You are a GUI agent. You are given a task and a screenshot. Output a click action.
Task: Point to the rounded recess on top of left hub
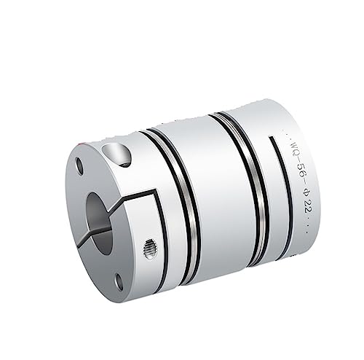(x=117, y=153)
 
